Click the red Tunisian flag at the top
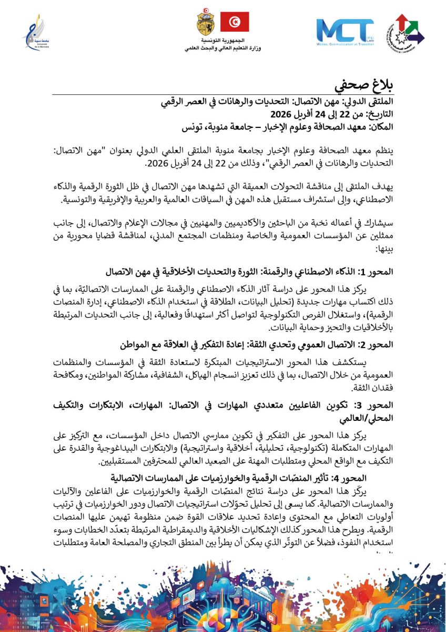[x=234, y=22]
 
